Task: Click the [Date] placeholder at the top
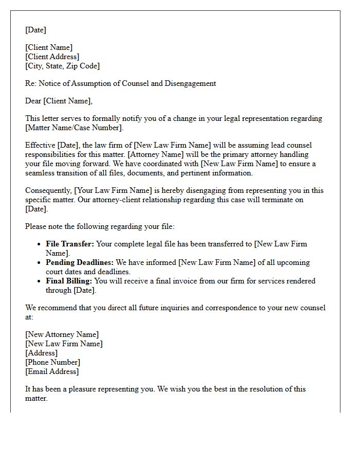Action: (35, 30)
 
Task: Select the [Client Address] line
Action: (52, 57)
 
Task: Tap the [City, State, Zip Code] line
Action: (62, 66)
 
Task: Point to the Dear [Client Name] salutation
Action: (59, 101)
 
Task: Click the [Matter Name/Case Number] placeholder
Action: (74, 128)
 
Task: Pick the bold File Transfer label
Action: (70, 244)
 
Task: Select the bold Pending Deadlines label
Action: (78, 262)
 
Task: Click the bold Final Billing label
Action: (69, 281)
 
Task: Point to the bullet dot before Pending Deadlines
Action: (40, 262)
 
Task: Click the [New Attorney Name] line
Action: (62, 334)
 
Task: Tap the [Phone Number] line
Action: (52, 362)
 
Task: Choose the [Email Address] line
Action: (52, 371)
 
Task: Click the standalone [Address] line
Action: (42, 353)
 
